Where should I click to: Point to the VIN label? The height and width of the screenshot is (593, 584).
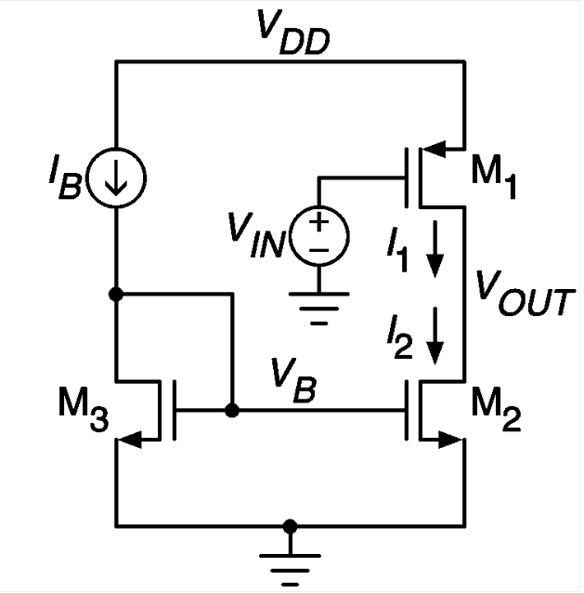[261, 235]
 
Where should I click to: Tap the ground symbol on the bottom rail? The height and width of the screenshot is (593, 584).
[290, 563]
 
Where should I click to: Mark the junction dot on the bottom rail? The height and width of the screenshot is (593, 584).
[290, 526]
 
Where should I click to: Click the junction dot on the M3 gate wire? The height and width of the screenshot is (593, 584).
[232, 410]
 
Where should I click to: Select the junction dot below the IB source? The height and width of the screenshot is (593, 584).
[116, 294]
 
